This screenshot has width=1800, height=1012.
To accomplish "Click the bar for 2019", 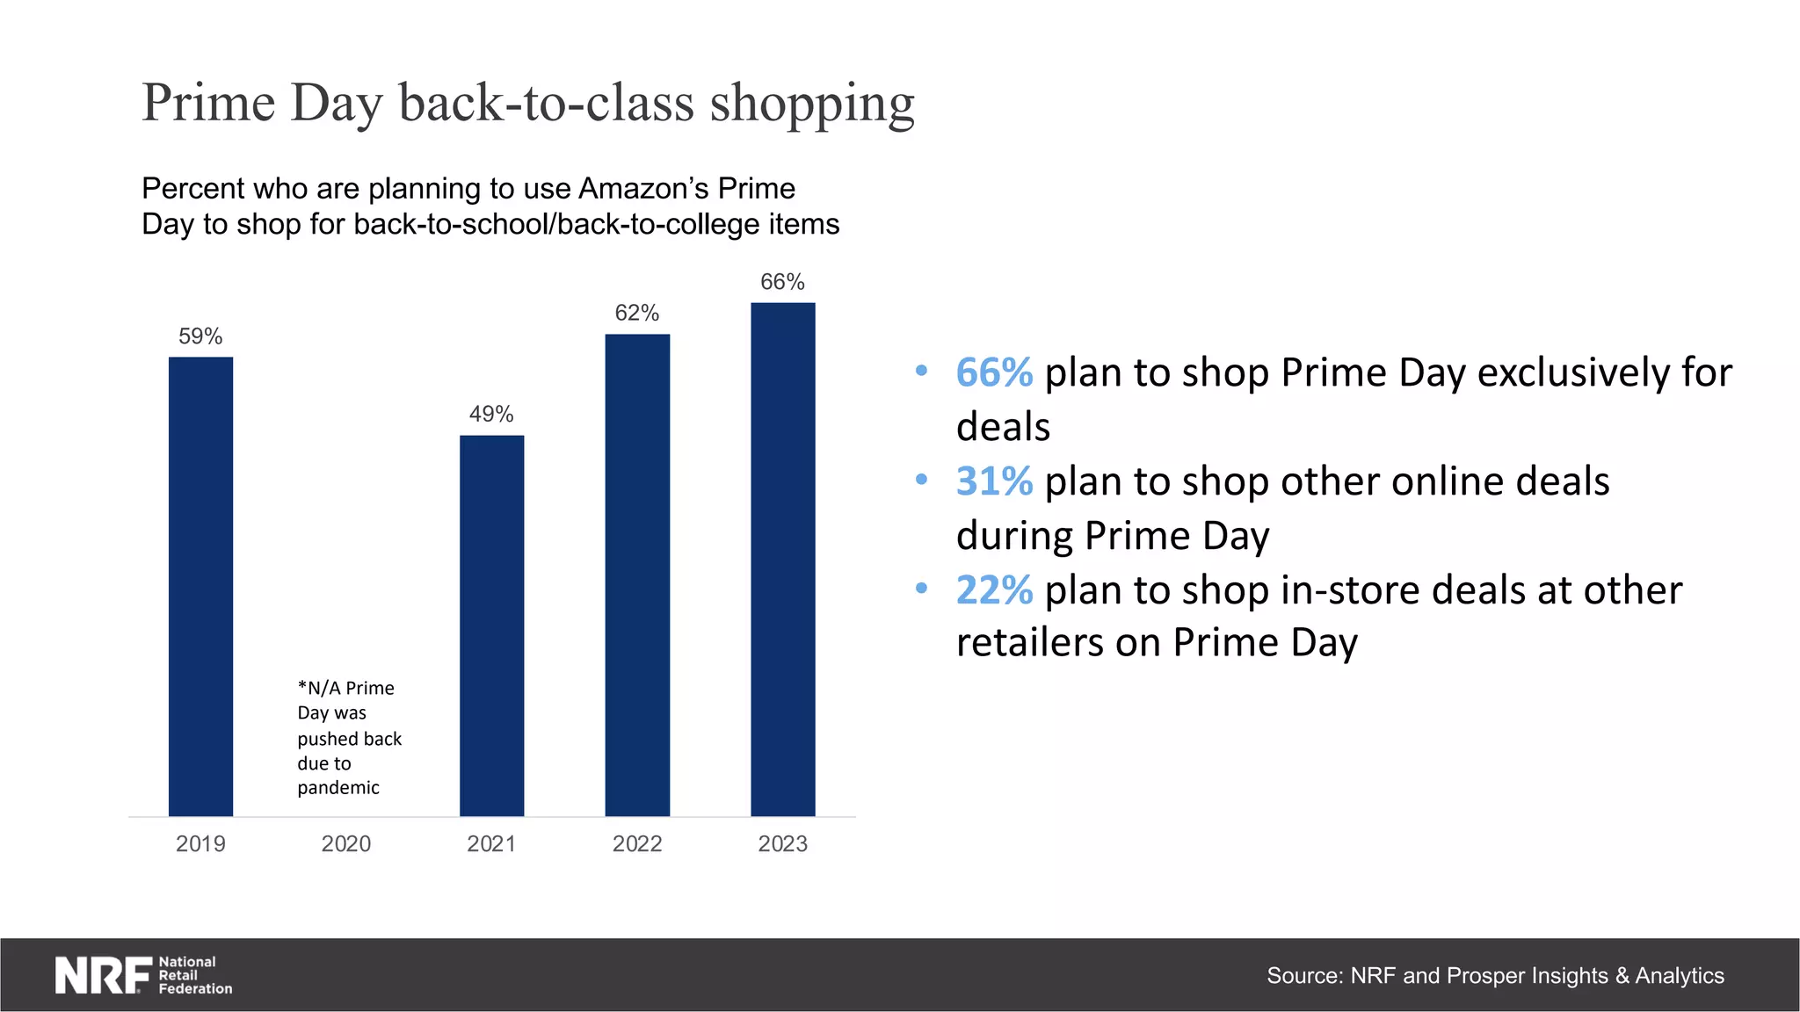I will pos(200,586).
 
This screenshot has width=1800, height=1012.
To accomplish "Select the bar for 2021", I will pos(491,625).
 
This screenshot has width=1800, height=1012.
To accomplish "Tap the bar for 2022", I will pos(637,575).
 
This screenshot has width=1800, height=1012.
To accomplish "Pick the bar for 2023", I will pos(782,559).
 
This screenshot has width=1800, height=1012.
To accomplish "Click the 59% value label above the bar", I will pos(200,336).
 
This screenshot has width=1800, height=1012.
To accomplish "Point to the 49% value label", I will pos(491,414).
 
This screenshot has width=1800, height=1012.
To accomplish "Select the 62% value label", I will pos(637,313).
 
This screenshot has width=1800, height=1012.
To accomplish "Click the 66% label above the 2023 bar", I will pos(782,282).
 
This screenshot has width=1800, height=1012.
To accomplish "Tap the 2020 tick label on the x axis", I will pos(345,844).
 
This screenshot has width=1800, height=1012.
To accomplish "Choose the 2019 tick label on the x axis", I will pos(200,844).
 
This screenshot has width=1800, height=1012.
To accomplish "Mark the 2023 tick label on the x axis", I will pos(782,844).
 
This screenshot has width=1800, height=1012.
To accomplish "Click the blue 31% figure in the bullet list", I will pos(994,481).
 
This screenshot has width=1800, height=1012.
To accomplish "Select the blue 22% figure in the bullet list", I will pos(994,590).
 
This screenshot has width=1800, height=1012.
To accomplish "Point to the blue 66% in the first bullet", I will pos(994,372).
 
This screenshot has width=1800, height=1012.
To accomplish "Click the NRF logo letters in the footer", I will pos(103,975).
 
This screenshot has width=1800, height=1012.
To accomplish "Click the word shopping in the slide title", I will pos(812,104).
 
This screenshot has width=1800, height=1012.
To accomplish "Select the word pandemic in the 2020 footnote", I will pos(338,788).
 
